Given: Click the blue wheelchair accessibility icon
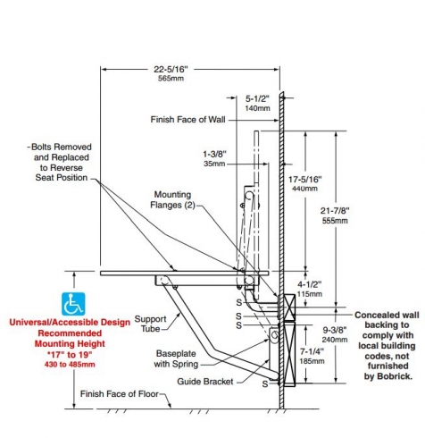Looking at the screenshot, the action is click(x=73, y=304).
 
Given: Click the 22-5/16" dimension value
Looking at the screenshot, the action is click(x=171, y=69).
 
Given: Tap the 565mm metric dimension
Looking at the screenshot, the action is click(x=171, y=79).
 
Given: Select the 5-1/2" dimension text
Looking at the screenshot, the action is click(x=257, y=98).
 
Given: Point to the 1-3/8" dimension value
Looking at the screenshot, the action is click(x=214, y=154).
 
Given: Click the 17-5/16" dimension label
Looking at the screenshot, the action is click(x=305, y=180).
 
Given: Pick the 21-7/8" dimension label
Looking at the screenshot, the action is click(x=335, y=211).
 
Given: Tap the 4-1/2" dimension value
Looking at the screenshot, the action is click(x=310, y=284).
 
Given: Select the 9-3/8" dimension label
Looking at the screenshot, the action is click(x=335, y=330).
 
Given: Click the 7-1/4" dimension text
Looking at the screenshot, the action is click(x=312, y=351).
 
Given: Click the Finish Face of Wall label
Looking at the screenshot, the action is click(x=187, y=120).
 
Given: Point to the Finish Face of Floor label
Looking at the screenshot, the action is click(x=120, y=394).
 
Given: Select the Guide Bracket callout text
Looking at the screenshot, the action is click(x=205, y=382).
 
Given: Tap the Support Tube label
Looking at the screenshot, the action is click(x=150, y=324).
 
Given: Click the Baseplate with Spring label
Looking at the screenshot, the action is click(x=176, y=358).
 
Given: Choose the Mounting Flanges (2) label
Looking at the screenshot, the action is click(x=172, y=199).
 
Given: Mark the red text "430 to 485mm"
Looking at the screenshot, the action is click(x=70, y=364).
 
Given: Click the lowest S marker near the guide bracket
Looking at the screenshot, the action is click(x=265, y=383).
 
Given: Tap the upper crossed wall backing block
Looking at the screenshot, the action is click(x=289, y=307).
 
